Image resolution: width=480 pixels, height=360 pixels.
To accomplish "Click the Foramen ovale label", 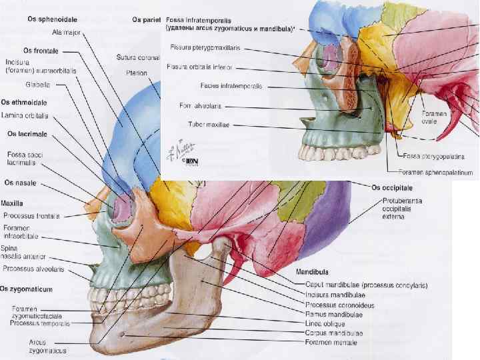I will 429,117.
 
